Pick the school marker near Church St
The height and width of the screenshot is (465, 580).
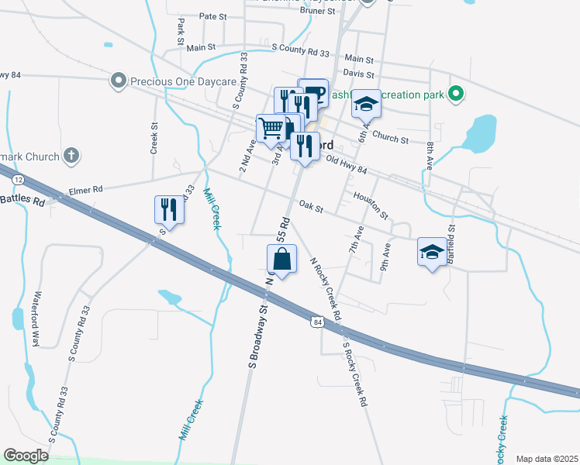click(x=366, y=104)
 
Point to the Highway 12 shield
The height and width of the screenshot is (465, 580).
click(x=19, y=180)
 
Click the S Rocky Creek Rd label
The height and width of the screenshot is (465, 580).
click(x=354, y=375)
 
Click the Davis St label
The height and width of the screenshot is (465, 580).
click(x=359, y=74)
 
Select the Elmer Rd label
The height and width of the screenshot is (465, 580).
click(x=85, y=189)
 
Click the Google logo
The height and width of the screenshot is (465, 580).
click(x=26, y=456)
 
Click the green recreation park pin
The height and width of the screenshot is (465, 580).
click(x=457, y=95)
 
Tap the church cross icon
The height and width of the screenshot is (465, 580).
click(x=71, y=156)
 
